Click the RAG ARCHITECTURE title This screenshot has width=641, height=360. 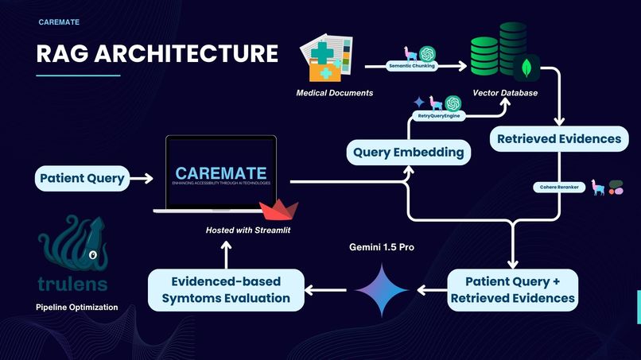[157, 53]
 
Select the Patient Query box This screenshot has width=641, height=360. [82, 178]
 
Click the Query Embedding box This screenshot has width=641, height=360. [409, 152]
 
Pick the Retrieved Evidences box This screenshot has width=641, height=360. [558, 138]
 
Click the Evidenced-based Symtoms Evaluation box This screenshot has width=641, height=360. [227, 290]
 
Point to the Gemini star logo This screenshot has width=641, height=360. [381, 290]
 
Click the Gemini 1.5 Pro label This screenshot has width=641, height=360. [382, 247]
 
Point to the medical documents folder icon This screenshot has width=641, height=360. [325, 59]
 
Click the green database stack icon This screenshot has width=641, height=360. [498, 49]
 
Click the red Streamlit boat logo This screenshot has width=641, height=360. [280, 211]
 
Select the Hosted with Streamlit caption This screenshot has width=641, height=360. [246, 230]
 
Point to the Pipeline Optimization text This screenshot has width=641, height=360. [77, 307]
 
